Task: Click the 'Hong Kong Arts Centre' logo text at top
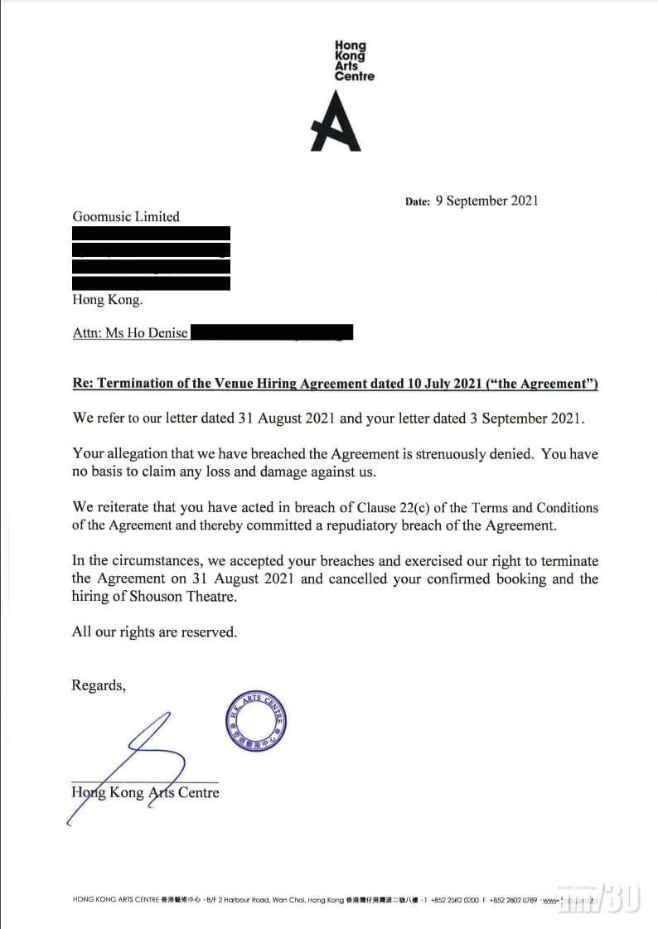point(354,61)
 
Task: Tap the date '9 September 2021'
point(486,201)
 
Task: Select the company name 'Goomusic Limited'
point(125,216)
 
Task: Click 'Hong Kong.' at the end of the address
point(101,300)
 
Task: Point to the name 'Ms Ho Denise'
point(148,333)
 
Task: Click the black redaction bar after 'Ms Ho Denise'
point(272,333)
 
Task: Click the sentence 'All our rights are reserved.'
point(154,631)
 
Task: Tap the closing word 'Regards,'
point(99,685)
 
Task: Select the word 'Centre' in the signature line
point(199,792)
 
